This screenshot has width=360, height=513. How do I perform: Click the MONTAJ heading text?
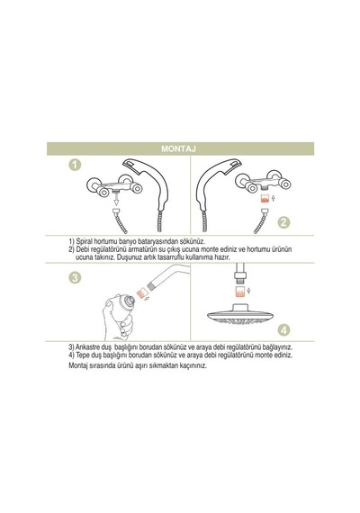pyautogui.click(x=178, y=148)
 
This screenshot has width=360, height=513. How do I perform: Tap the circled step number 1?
pyautogui.click(x=75, y=164)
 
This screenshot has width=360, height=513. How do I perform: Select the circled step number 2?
pyautogui.click(x=283, y=222)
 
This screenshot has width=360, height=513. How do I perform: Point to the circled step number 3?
pyautogui.click(x=75, y=278)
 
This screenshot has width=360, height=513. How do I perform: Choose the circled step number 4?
pyautogui.click(x=283, y=329)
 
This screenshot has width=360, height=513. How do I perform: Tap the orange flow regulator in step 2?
pyautogui.click(x=264, y=198)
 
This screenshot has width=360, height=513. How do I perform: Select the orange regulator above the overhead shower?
pyautogui.click(x=240, y=291)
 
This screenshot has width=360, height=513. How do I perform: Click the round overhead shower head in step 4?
pyautogui.click(x=240, y=315)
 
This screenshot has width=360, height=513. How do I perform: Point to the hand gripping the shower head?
pyautogui.click(x=115, y=319)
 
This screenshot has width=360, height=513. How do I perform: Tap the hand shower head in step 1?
pyautogui.click(x=148, y=184)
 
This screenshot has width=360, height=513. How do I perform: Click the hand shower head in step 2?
pyautogui.click(x=218, y=184)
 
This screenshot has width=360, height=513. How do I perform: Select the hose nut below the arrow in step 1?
pyautogui.click(x=116, y=211)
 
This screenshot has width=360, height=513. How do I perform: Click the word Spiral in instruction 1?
pyautogui.click(x=84, y=241)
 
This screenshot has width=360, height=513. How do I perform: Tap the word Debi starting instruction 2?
pyautogui.click(x=82, y=249)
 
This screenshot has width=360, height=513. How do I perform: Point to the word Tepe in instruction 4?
pyautogui.click(x=82, y=355)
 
